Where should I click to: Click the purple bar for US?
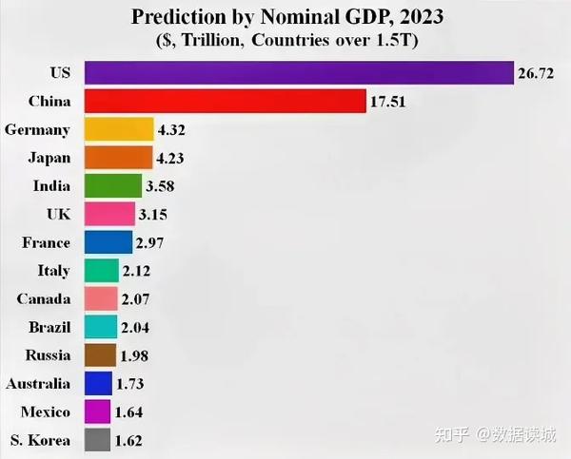[299, 73]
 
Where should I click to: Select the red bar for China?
[225, 101]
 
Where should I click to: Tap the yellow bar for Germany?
[119, 129]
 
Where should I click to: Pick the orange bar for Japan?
[118, 158]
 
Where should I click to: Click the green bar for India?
[111, 185]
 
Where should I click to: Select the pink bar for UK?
[109, 214]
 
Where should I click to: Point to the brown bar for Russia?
[100, 355]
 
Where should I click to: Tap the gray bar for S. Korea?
[97, 440]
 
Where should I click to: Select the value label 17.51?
[388, 102]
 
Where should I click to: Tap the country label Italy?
[53, 271]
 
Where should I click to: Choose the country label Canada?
[44, 299]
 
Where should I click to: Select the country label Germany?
[37, 129]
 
